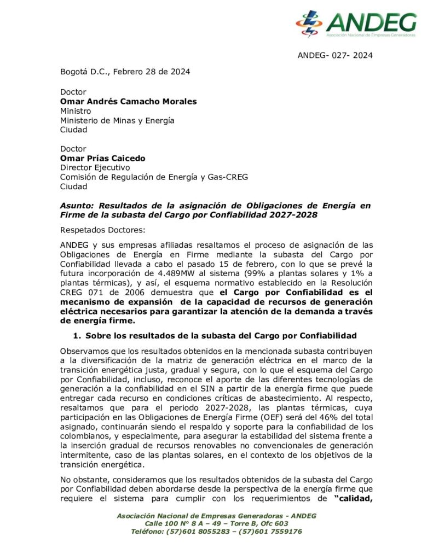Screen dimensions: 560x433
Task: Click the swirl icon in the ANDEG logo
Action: click(x=309, y=24)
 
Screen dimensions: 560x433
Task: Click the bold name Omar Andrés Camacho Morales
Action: click(x=128, y=101)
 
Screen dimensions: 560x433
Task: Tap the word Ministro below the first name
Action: click(x=76, y=110)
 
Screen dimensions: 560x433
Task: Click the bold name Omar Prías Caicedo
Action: click(x=102, y=158)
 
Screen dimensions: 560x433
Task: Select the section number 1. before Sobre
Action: click(x=77, y=335)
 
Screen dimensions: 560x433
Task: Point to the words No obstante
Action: click(x=84, y=480)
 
